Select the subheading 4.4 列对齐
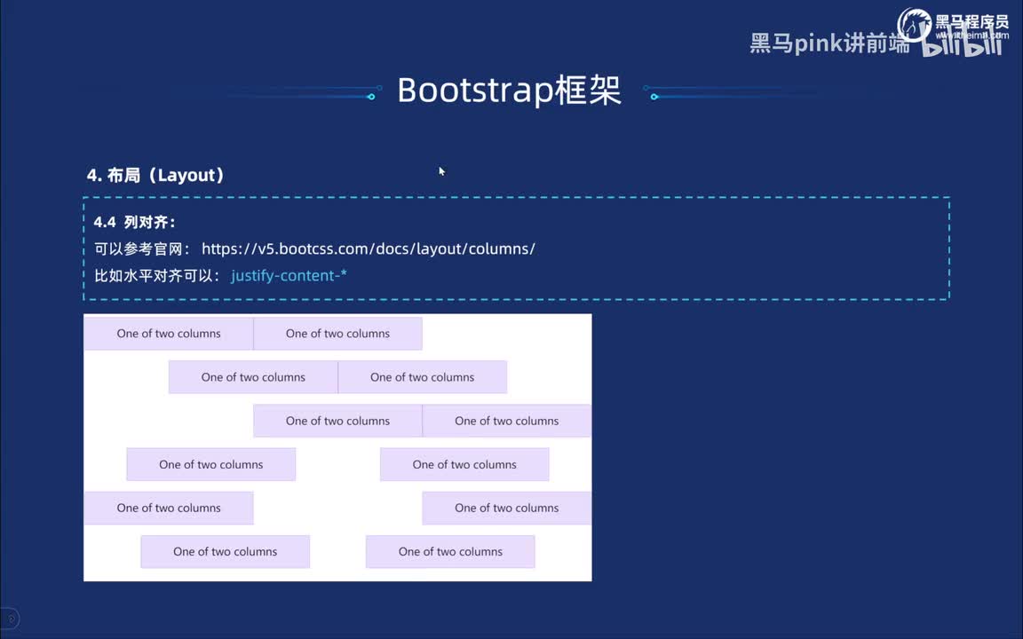pos(135,223)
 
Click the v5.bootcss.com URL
pos(368,248)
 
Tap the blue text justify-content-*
pos(289,276)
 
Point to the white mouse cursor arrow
pos(440,170)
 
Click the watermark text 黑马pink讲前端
pos(829,43)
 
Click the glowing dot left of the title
pos(371,97)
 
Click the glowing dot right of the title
pos(654,97)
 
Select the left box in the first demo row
pos(169,334)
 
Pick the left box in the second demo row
pos(253,377)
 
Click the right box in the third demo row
pos(506,421)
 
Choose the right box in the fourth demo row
pos(464,464)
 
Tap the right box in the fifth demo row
pos(506,508)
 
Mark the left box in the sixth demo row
pos(225,551)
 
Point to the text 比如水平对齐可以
pos(156,276)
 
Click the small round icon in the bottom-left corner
pos(10,619)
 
